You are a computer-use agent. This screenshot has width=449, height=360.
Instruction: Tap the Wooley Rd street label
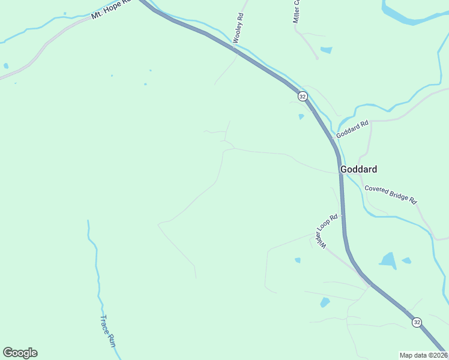click(x=238, y=28)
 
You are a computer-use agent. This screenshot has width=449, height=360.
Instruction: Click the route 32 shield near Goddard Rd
click(x=302, y=96)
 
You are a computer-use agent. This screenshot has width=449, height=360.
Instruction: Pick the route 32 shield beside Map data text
click(x=417, y=322)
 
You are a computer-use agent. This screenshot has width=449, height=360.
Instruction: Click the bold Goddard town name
click(x=358, y=169)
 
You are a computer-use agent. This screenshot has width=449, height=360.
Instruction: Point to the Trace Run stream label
click(x=107, y=331)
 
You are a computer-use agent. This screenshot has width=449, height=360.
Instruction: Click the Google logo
click(x=20, y=353)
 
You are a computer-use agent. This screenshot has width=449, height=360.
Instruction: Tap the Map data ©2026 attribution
click(x=424, y=355)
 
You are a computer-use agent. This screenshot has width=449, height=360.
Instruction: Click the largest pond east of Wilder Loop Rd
click(x=388, y=260)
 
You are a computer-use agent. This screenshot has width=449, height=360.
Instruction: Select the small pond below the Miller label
click(x=326, y=50)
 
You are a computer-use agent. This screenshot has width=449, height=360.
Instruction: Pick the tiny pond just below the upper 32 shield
click(x=301, y=116)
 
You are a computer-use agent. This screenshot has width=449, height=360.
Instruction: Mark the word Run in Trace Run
click(x=110, y=339)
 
